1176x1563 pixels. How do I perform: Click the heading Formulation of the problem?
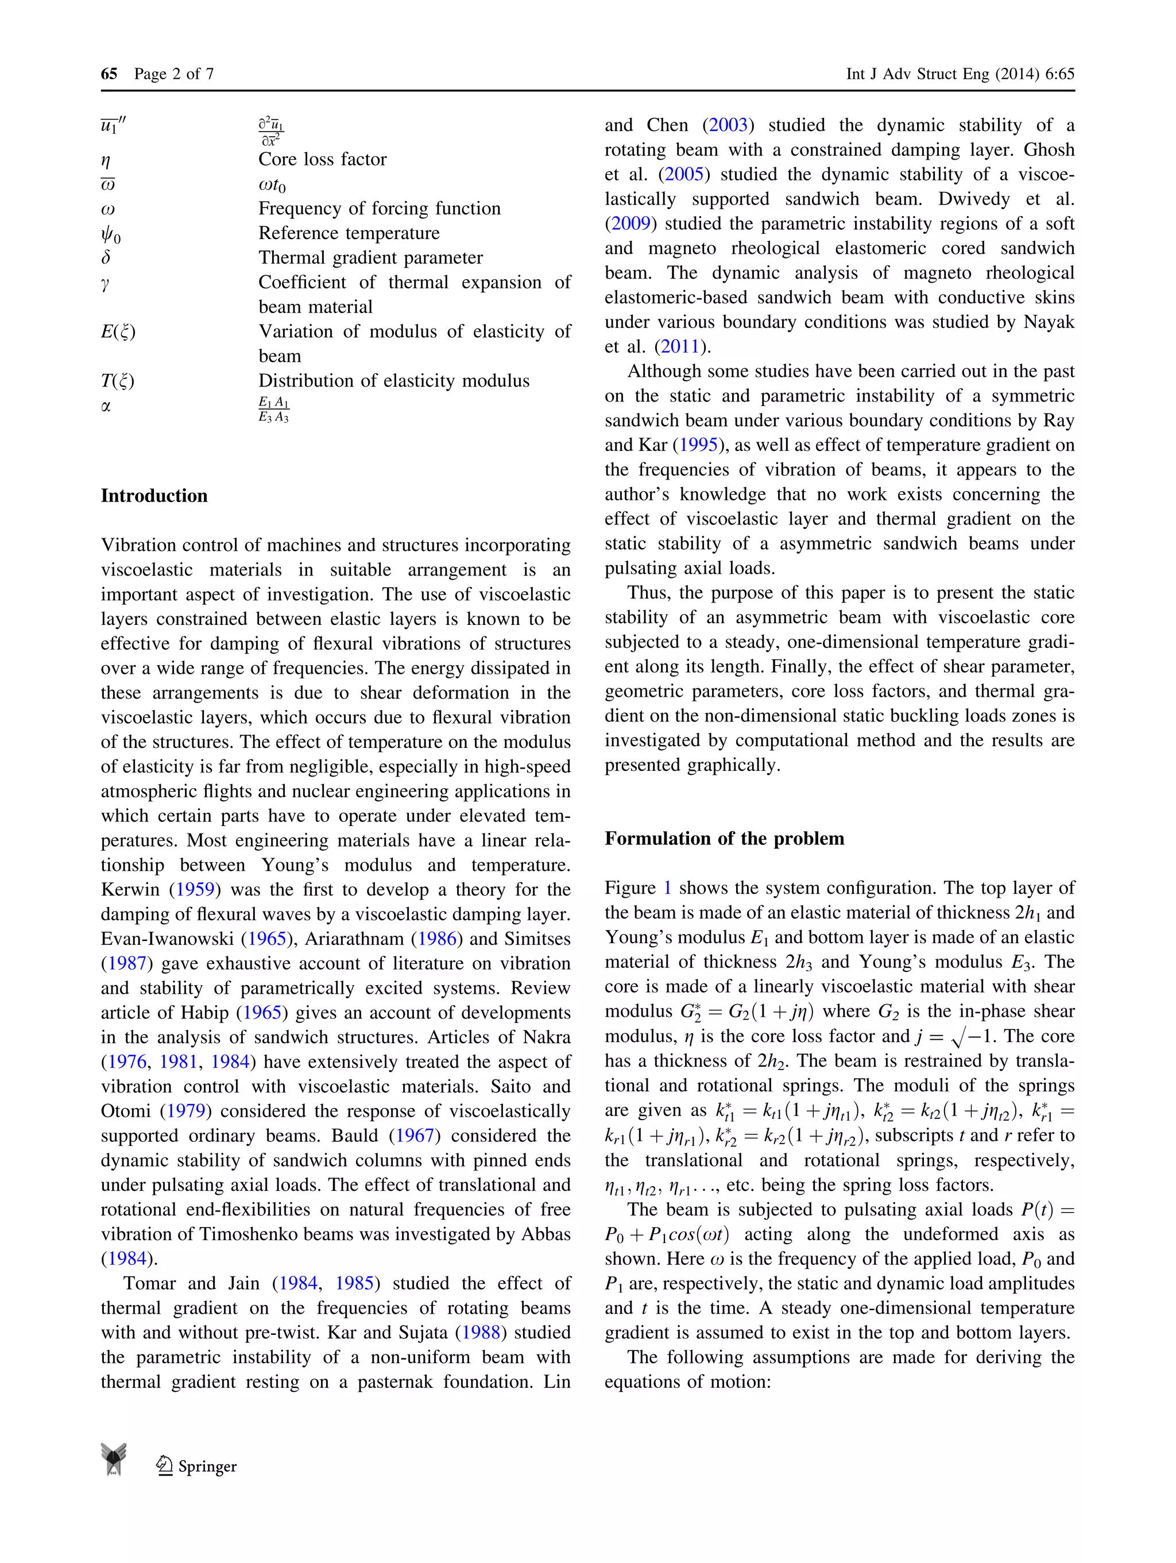coord(724,838)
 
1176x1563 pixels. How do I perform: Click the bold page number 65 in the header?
coord(109,74)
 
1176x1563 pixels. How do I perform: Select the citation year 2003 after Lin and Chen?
coord(728,125)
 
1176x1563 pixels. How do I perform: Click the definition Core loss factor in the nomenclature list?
coord(322,159)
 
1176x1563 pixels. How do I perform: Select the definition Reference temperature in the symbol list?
coord(349,233)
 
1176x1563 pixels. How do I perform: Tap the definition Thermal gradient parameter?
coord(370,257)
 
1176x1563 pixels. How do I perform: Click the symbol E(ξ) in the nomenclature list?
coord(118,331)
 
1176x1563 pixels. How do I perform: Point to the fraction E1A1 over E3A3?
coord(273,410)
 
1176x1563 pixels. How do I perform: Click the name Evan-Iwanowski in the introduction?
coord(168,939)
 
